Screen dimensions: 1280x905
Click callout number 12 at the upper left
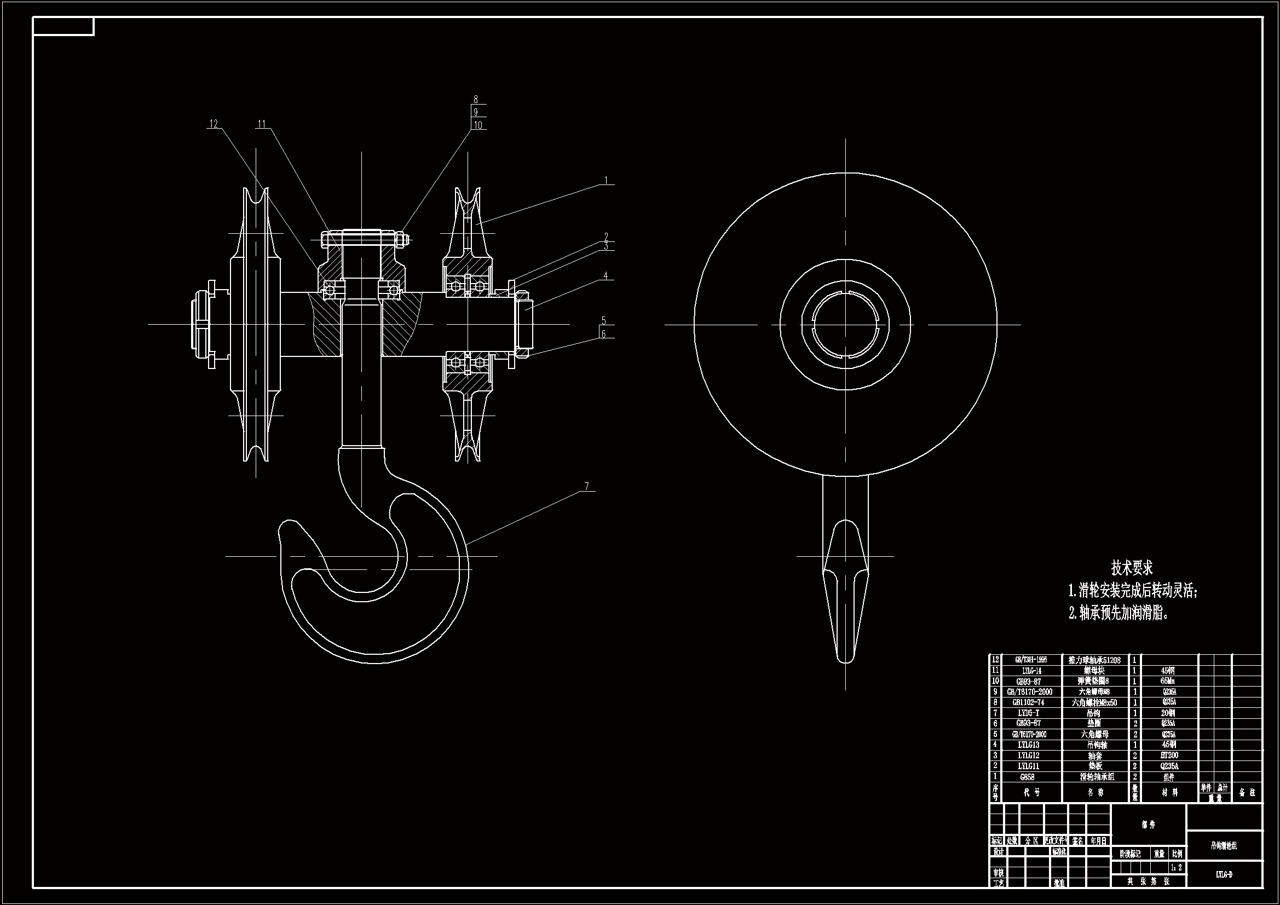click(x=214, y=124)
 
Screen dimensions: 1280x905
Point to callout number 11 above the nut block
click(x=262, y=124)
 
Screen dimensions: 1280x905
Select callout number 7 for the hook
click(x=586, y=486)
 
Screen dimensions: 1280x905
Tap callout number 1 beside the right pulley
click(x=606, y=181)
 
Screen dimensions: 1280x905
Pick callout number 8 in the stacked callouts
click(x=476, y=100)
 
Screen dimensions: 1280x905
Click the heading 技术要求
click(x=1132, y=568)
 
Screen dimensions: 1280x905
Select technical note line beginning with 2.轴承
click(x=1118, y=613)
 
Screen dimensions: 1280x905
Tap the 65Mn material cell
click(x=1169, y=682)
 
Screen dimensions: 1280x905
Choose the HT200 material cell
click(x=1169, y=756)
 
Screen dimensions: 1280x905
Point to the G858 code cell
click(x=1027, y=777)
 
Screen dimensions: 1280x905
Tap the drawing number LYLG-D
click(x=1224, y=875)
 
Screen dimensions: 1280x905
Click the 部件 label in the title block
click(x=1149, y=825)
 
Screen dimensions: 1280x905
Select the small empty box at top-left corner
click(x=63, y=26)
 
